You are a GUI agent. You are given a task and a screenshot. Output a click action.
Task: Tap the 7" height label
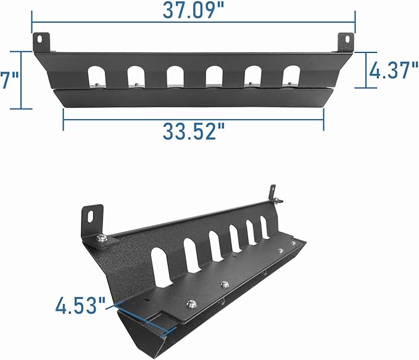8,81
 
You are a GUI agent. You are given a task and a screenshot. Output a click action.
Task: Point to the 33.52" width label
193,131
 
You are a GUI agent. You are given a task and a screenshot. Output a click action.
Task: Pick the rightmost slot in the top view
291,73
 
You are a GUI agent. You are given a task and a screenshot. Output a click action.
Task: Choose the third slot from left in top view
175,74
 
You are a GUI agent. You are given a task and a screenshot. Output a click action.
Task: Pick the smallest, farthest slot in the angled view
265,227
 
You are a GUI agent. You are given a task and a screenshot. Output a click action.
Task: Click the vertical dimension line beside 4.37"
365,70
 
